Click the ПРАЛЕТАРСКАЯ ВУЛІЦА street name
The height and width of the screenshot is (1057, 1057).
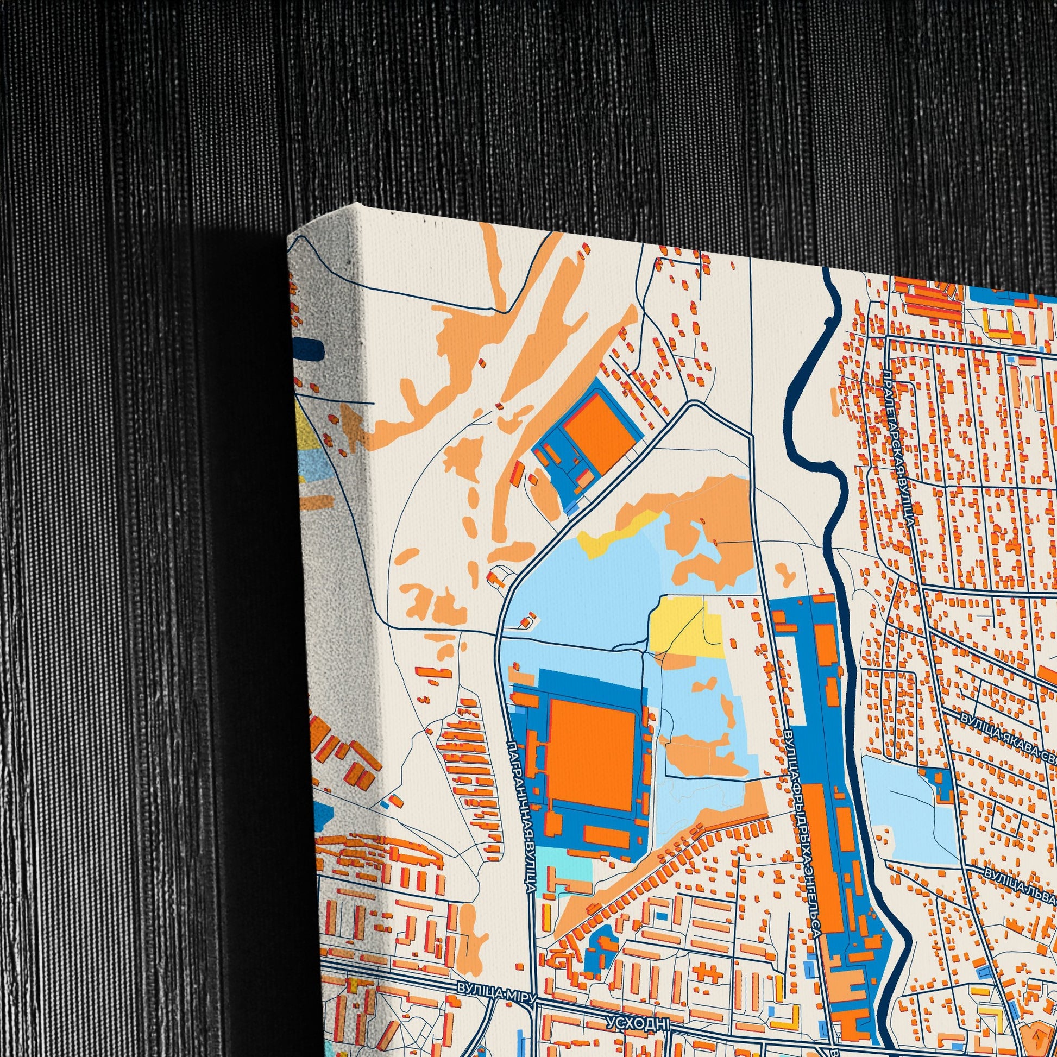pos(900,445)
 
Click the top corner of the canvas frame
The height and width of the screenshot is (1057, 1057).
pos(357,206)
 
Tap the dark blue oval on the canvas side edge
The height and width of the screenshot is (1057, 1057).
pos(309,349)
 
